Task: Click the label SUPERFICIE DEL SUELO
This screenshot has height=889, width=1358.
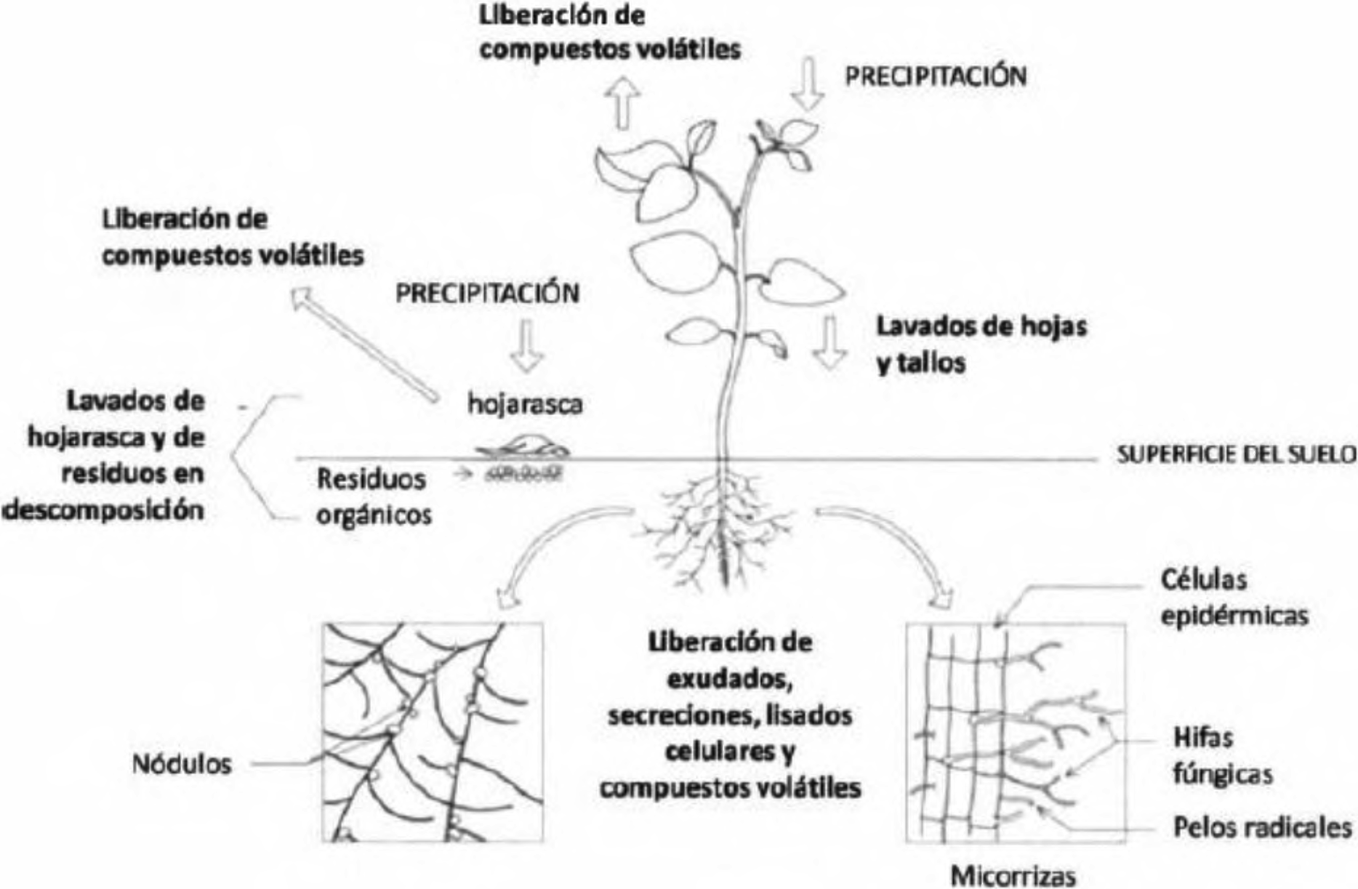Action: [1236, 455]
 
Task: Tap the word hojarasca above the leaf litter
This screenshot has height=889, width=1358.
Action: [525, 404]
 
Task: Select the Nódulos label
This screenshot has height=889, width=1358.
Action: [182, 764]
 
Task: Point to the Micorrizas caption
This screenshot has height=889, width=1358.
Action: [1013, 875]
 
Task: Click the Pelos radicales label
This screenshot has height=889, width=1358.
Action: [1262, 828]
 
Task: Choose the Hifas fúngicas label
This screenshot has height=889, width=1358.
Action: [1223, 756]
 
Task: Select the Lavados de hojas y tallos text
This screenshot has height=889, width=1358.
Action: [981, 344]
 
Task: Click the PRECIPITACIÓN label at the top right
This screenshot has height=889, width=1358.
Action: [936, 76]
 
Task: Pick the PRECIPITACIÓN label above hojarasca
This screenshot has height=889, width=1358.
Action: [487, 293]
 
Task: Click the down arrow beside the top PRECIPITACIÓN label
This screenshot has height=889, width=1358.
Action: [808, 86]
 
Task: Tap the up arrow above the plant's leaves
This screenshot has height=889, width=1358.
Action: [623, 103]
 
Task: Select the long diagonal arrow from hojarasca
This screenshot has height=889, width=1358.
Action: [365, 344]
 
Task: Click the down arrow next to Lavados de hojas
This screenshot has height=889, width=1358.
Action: [829, 343]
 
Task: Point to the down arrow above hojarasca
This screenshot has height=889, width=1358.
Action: [526, 346]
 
